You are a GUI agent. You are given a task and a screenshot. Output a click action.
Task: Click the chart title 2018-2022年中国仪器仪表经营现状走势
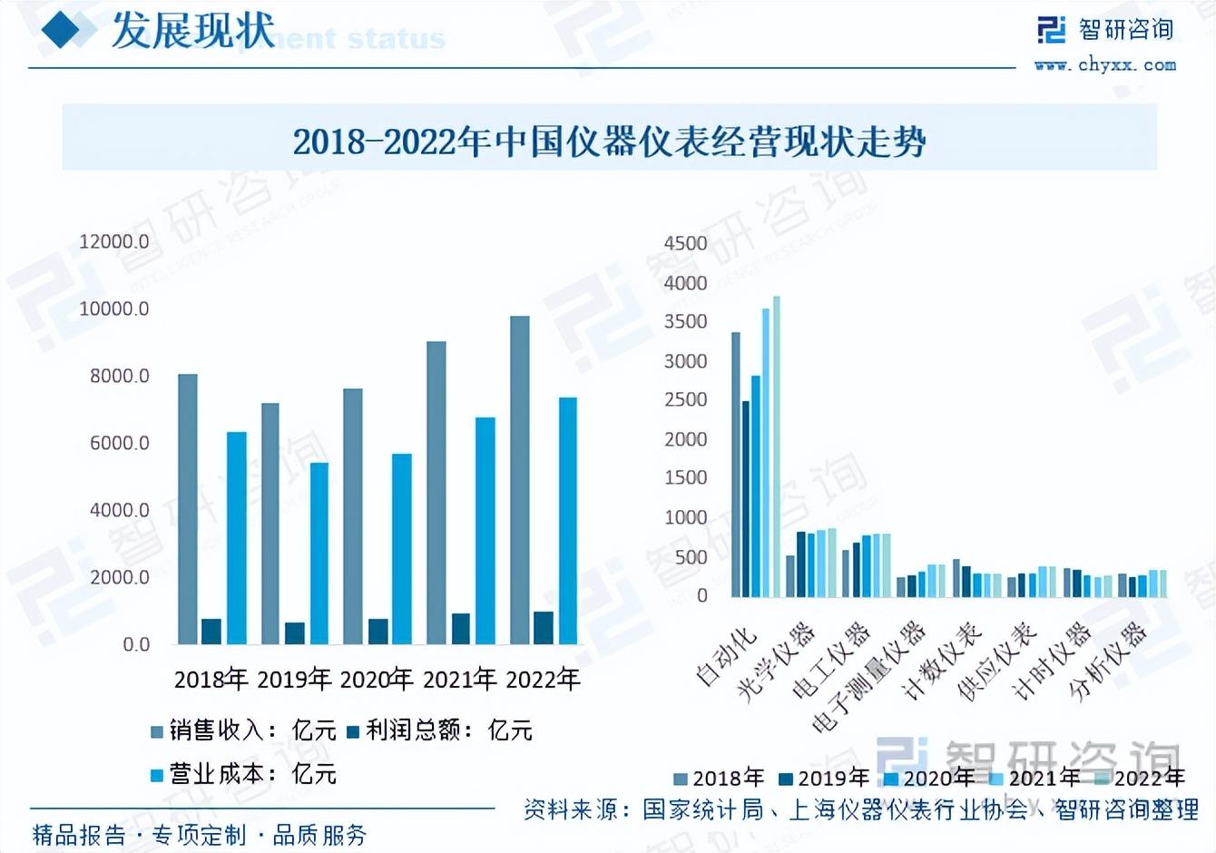click(609, 142)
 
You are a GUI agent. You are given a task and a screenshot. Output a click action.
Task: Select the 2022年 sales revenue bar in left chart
click(519, 480)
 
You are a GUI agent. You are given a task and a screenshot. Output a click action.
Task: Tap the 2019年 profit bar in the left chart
click(295, 632)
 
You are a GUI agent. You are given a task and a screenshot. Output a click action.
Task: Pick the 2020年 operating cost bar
click(401, 549)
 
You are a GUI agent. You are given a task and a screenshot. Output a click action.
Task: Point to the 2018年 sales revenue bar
click(188, 509)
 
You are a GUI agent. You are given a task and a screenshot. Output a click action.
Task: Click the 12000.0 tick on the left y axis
click(114, 241)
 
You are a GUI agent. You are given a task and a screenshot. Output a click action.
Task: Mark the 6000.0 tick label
click(119, 443)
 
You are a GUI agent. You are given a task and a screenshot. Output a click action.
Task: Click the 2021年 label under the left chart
click(460, 679)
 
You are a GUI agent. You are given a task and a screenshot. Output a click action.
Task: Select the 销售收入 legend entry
click(243, 730)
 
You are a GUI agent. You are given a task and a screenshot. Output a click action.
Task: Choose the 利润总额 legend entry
click(439, 730)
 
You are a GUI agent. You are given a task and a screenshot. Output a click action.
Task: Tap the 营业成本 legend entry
click(243, 774)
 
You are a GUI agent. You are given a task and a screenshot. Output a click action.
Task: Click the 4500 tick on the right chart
click(685, 243)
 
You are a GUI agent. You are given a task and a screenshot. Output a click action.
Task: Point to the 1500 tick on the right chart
click(685, 477)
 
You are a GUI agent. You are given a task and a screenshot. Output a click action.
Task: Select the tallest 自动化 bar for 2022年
click(777, 446)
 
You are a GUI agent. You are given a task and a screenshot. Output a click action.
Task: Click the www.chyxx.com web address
click(1104, 64)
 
